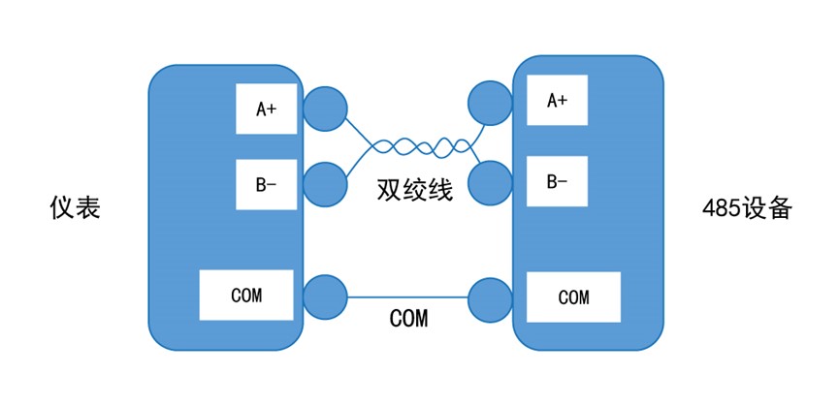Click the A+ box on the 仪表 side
tap(266, 109)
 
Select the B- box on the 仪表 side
tap(266, 184)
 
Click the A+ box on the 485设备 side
tap(557, 100)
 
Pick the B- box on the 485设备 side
tap(557, 181)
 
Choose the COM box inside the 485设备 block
tap(573, 297)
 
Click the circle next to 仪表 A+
tap(325, 109)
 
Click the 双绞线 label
tap(414, 189)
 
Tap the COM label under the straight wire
tap(408, 318)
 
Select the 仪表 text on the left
tap(75, 208)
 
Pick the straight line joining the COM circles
tap(407, 297)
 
